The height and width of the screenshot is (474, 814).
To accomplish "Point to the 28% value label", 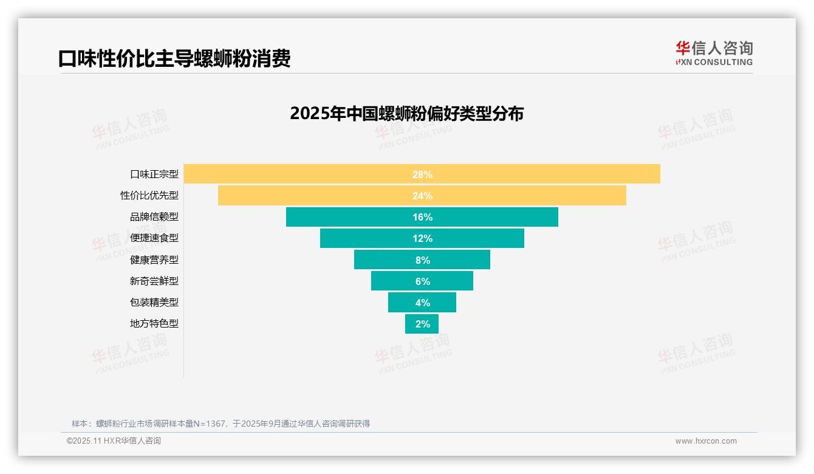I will click(x=422, y=174).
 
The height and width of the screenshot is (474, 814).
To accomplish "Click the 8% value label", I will click(x=422, y=260).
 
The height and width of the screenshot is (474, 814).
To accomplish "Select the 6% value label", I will click(x=422, y=281).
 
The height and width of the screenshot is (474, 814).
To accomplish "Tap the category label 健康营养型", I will click(x=154, y=259).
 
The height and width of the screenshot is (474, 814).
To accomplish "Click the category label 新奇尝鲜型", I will click(x=154, y=281).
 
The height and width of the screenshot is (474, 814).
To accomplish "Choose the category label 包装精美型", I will click(x=154, y=302).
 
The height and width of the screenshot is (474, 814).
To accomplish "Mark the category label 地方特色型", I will click(x=154, y=323).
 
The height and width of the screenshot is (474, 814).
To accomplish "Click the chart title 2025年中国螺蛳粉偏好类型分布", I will click(x=406, y=114).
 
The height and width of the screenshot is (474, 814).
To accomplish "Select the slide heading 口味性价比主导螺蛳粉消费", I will click(x=174, y=58).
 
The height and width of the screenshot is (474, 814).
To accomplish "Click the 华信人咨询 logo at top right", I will click(x=714, y=53).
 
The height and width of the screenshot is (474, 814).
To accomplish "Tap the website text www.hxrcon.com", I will click(x=706, y=441).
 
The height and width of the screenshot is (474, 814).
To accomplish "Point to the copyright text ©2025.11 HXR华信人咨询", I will click(x=114, y=441).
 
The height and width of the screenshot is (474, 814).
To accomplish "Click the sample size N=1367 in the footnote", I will click(x=209, y=424).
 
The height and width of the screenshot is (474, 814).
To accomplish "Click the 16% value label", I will click(x=422, y=217).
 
